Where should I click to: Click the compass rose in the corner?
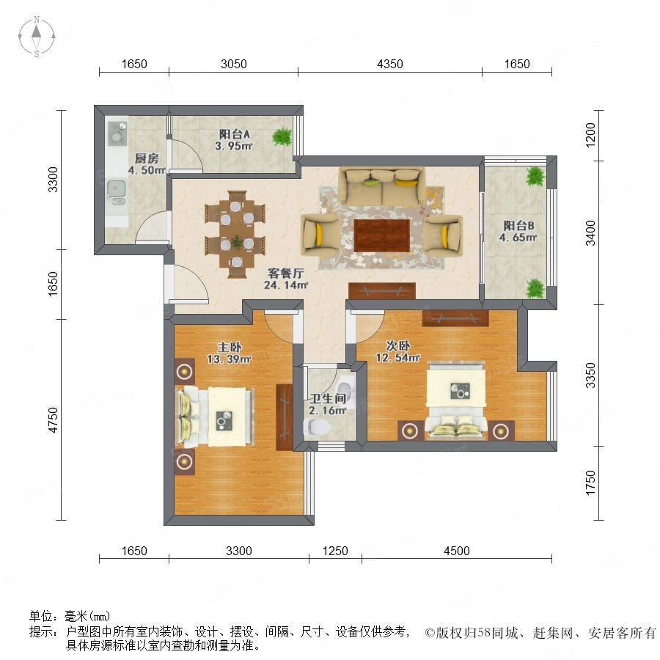point(37,37)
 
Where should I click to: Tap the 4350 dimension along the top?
point(390,64)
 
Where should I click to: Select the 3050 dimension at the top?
point(234,64)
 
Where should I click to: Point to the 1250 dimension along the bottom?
point(335,551)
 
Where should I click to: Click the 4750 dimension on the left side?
point(53,419)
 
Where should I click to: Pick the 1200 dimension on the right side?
point(591,135)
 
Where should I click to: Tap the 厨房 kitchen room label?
point(147,158)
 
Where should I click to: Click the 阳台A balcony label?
point(235,134)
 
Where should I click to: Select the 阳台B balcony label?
point(518,226)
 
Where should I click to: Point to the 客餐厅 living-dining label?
point(286,274)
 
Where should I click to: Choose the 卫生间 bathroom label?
point(328,398)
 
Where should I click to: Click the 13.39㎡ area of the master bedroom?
point(230,359)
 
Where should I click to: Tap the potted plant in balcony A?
point(282,137)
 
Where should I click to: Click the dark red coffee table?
point(382,235)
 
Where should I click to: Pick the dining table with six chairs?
point(235,234)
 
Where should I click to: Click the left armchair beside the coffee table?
point(319,235)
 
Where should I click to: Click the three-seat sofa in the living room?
point(383,186)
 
